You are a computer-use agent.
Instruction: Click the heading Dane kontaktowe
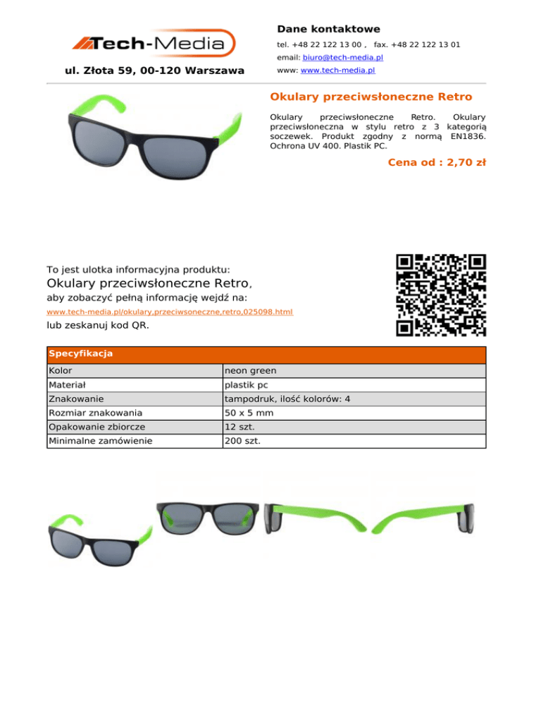(328, 29)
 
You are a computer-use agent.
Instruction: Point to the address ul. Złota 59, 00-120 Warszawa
(154, 71)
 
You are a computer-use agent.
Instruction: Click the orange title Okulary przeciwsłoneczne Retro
(371, 96)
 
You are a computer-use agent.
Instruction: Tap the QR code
(441, 295)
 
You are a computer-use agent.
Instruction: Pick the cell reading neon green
(250, 370)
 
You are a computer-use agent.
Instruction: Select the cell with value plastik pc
(246, 385)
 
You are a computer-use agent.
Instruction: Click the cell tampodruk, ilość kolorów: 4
(287, 399)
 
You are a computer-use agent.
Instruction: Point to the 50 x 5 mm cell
(248, 413)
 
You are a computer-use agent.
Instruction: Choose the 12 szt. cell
(240, 427)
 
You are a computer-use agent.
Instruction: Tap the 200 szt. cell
(242, 441)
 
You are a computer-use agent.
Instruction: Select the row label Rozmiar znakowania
(95, 413)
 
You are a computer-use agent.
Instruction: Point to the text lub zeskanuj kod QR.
(97, 326)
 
